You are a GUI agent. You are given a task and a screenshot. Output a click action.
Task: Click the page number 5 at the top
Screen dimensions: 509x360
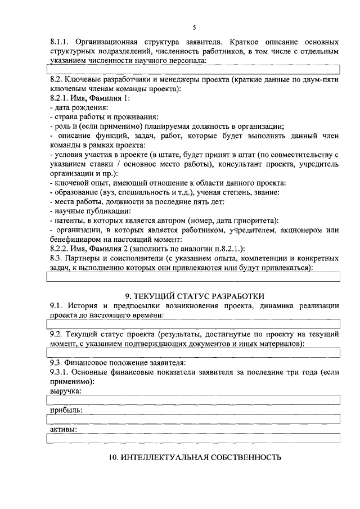pos(194,28)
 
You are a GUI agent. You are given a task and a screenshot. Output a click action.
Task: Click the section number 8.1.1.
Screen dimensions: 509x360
pos(59,42)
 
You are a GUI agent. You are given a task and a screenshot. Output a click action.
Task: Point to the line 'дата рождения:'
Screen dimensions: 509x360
pos(79,107)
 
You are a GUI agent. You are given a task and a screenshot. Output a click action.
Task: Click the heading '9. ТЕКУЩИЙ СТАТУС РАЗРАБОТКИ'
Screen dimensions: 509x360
pos(194,296)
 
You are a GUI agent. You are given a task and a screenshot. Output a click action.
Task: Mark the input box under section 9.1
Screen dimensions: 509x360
pos(193,323)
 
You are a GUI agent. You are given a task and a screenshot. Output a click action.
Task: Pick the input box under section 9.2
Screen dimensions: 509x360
pos(193,352)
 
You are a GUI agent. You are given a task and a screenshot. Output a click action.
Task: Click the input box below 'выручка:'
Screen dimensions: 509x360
pos(193,399)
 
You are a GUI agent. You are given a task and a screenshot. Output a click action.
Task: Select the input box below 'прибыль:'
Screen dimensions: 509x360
pos(193,419)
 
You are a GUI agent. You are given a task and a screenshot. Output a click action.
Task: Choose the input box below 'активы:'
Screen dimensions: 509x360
pos(193,439)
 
